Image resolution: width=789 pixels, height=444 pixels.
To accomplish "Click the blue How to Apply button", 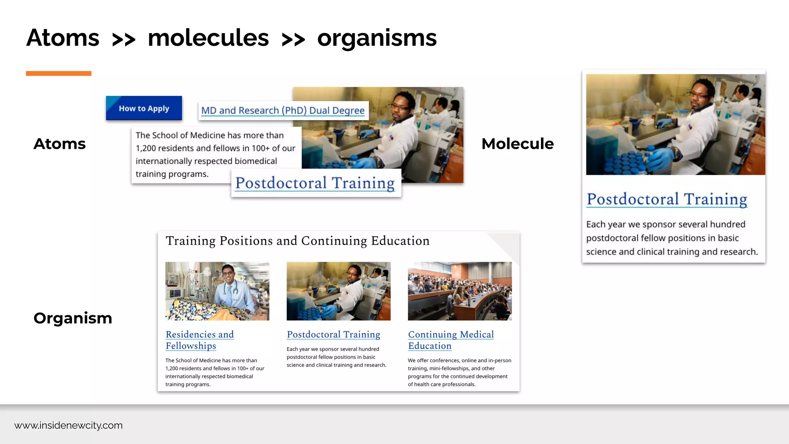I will pos(144,108).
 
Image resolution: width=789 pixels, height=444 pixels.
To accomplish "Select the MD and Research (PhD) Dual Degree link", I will pos(283,111).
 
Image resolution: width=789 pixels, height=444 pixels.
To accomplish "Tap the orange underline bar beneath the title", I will pos(59,73).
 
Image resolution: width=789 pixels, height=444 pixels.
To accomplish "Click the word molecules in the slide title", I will pos(208,38).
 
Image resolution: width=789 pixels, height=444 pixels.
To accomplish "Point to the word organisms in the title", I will pos(377,38).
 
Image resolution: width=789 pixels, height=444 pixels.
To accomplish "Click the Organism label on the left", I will pos(73,318).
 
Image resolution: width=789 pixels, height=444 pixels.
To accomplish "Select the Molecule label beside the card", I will pos(517,144).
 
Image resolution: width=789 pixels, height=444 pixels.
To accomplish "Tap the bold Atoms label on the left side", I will pos(60,144).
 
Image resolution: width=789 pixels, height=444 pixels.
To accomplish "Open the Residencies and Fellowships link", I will pos(200,340).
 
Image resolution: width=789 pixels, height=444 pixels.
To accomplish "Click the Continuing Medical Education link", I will pos(451,340).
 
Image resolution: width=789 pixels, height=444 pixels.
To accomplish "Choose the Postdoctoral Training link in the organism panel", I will pos(333,335).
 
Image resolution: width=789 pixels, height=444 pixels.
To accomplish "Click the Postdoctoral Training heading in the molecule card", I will pos(666,199).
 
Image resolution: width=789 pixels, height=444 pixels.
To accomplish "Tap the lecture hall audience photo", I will pos(460,291).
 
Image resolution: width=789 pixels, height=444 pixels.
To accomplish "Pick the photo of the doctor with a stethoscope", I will pos(217,291).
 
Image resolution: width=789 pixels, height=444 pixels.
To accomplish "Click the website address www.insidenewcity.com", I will pos(69,425).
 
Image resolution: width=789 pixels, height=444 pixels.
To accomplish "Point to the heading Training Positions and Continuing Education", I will pos(297,241).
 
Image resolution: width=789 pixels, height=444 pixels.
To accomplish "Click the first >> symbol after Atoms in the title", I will pos(124,39).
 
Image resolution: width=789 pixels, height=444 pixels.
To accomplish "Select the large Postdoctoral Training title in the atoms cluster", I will pos(315,183).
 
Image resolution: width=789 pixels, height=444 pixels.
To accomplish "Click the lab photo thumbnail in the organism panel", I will pos(338,291).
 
